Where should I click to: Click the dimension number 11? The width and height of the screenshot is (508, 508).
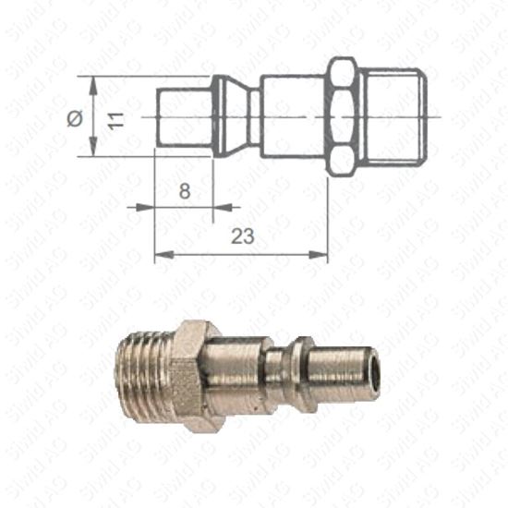click(115, 117)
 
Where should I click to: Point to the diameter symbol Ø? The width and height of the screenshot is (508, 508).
click(76, 118)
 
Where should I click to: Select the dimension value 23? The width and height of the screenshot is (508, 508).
click(242, 236)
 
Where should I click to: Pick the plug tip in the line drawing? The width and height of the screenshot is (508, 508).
click(183, 117)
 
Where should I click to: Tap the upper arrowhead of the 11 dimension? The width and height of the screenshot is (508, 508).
click(94, 81)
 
